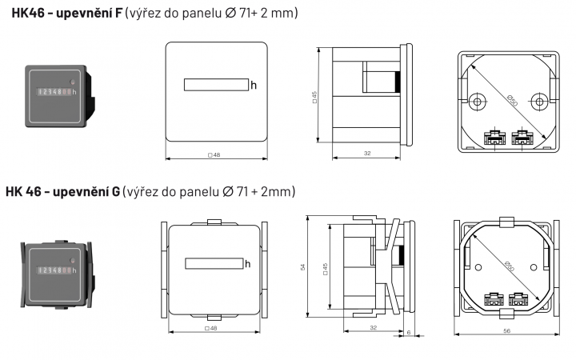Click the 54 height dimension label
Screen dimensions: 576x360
(x=303, y=267)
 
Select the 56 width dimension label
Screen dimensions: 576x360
(x=507, y=331)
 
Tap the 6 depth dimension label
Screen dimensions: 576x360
(x=409, y=333)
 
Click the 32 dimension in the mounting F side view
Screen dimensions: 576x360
(x=367, y=153)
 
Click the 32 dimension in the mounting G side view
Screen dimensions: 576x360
(x=374, y=327)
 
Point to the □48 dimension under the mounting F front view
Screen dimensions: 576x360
(x=214, y=155)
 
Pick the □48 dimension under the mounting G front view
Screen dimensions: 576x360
(x=211, y=329)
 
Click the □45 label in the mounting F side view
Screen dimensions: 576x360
(x=314, y=98)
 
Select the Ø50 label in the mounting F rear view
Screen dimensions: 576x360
(x=512, y=101)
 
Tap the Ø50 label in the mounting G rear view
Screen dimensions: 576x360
(x=509, y=266)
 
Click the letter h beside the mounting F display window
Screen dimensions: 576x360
(x=254, y=86)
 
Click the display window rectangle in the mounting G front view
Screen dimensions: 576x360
(x=214, y=263)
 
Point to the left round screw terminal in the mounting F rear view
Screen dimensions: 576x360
(x=477, y=102)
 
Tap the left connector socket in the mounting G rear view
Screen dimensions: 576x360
(x=494, y=299)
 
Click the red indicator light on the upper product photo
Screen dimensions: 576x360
(x=72, y=82)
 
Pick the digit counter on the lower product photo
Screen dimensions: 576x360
(x=54, y=270)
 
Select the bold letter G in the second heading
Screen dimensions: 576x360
(x=115, y=191)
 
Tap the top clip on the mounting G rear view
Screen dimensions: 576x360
(x=506, y=222)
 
